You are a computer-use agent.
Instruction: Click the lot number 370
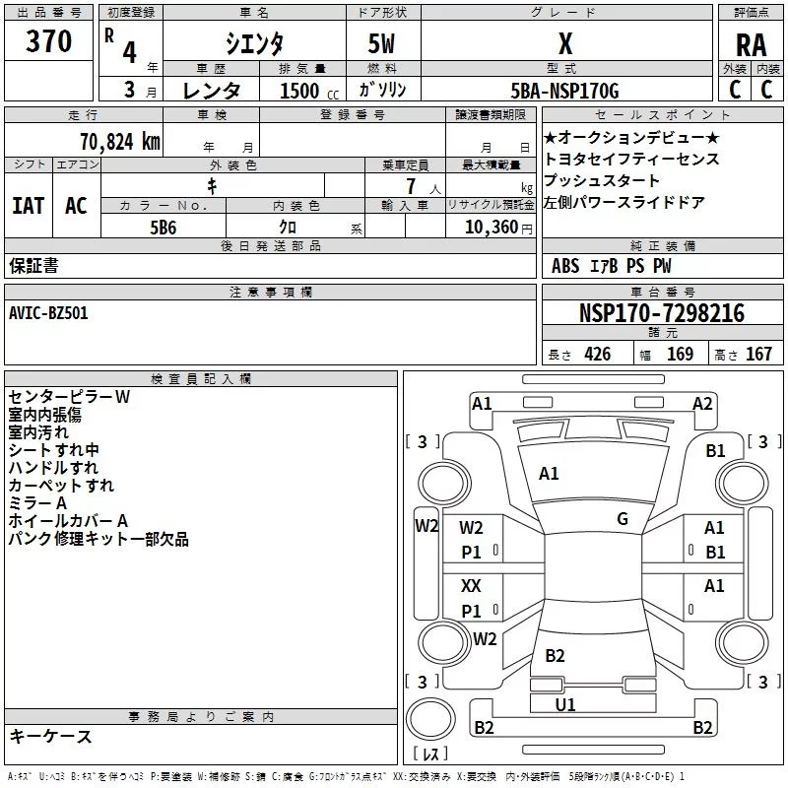(48, 41)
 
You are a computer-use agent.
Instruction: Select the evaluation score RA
(751, 45)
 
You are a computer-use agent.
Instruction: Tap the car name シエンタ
(255, 44)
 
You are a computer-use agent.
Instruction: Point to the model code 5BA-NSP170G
(565, 91)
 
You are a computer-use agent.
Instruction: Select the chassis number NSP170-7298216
(662, 314)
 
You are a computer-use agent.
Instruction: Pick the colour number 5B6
(164, 228)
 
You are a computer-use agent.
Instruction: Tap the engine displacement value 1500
(300, 91)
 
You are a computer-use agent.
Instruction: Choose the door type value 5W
(381, 44)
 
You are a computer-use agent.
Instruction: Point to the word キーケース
(50, 737)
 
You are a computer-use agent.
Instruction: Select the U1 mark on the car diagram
(565, 704)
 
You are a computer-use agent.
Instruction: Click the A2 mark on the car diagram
(702, 403)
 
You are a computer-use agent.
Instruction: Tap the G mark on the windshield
(623, 519)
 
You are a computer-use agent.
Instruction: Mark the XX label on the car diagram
(472, 586)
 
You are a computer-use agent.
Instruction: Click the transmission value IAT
(28, 206)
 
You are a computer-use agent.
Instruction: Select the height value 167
(758, 355)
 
